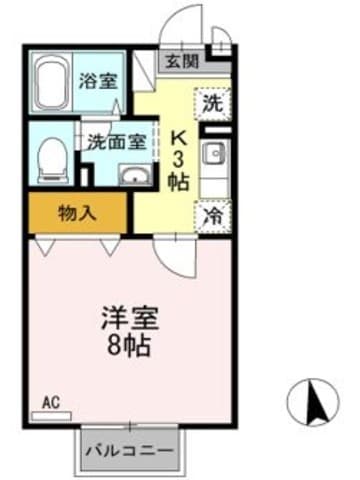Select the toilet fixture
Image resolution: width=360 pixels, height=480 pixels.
[x=50, y=158]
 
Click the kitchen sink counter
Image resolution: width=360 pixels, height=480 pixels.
[x=214, y=158]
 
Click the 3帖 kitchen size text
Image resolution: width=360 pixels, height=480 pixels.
[x=181, y=170]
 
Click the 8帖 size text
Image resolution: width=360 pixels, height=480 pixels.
[x=130, y=348]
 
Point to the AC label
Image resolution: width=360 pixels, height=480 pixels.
[x=50, y=404]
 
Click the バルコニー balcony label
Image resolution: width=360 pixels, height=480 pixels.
[x=129, y=450]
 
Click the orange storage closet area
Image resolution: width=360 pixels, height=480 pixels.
[x=60, y=211]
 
